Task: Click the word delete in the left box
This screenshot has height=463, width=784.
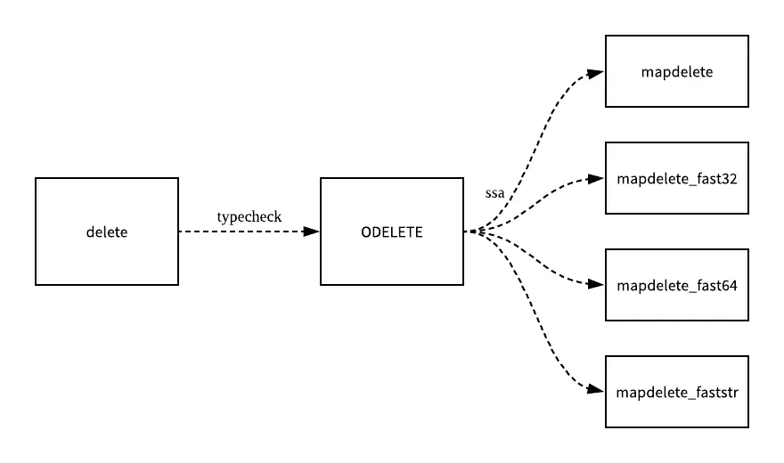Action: [x=107, y=232]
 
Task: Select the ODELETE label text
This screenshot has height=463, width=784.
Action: [x=392, y=232]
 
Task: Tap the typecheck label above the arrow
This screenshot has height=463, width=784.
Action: [x=249, y=216]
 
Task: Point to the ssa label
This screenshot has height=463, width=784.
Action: [x=494, y=192]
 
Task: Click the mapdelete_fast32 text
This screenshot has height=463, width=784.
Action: [x=677, y=179]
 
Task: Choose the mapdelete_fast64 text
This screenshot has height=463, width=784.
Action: [x=677, y=286]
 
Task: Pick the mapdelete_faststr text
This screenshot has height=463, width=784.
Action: [x=677, y=393]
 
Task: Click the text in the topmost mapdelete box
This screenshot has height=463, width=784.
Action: [x=677, y=72]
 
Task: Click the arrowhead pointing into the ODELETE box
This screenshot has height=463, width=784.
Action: [x=311, y=231]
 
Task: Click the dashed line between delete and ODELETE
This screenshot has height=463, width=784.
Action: [x=241, y=231]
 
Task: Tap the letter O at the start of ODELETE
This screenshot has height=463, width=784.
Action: [x=366, y=232]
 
